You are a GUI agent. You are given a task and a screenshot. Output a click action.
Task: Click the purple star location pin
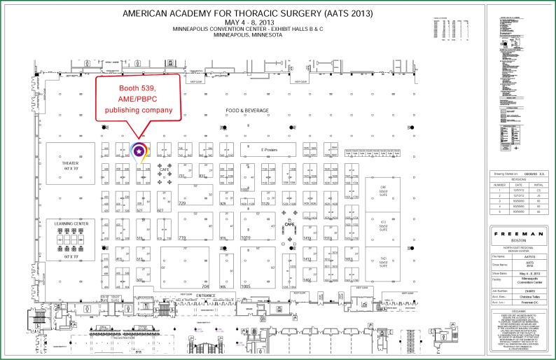(139, 150)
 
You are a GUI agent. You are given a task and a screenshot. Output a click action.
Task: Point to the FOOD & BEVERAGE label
(246, 111)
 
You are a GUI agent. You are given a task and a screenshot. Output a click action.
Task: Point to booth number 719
(183, 238)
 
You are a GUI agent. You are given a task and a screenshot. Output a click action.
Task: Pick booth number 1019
(246, 238)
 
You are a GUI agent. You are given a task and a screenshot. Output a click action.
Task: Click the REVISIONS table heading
(515, 179)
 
